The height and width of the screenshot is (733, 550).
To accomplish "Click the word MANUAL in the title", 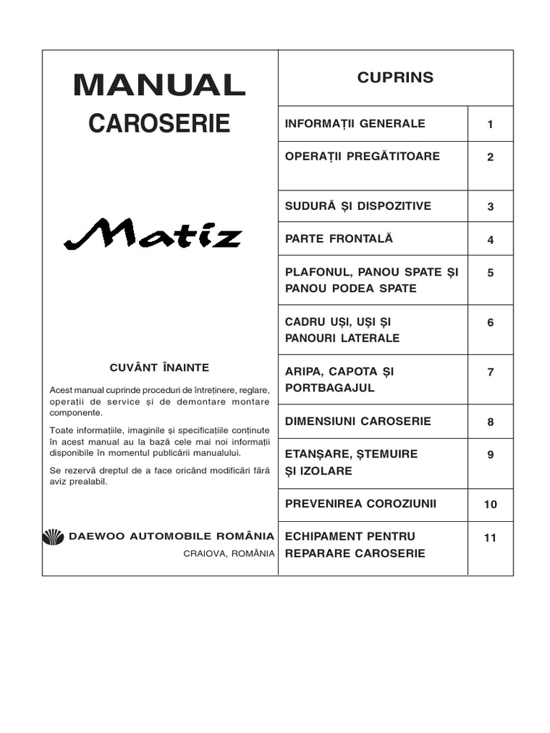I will click(159, 86).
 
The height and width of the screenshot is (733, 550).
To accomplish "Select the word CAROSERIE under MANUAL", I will click(159, 123).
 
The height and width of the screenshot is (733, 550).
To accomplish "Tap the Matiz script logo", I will click(153, 234).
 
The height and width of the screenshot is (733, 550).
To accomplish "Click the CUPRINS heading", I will click(395, 78).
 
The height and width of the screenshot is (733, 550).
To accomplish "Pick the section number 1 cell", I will click(491, 125).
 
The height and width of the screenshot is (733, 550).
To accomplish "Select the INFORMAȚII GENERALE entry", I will click(355, 124).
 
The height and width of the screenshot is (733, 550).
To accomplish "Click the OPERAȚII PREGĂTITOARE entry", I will click(362, 157).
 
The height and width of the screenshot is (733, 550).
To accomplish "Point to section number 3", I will click(491, 207).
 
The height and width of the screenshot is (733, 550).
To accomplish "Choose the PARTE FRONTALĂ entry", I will click(339, 239).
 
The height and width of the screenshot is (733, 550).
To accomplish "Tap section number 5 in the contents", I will click(491, 273).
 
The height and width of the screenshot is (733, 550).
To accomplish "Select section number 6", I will click(491, 323).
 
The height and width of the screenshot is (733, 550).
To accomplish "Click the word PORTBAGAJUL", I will click(330, 388).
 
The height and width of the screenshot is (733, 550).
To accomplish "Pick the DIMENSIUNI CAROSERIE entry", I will click(358, 422).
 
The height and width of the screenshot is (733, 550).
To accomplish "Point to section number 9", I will click(491, 455).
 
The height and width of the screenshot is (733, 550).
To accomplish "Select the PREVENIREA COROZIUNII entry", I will click(361, 504).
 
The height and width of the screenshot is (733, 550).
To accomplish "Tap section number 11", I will click(491, 538).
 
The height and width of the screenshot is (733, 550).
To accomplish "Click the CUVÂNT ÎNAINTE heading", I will click(159, 368).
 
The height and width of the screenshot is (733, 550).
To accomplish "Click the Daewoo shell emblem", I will click(54, 537).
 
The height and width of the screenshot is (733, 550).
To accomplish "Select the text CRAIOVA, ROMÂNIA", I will click(228, 553).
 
